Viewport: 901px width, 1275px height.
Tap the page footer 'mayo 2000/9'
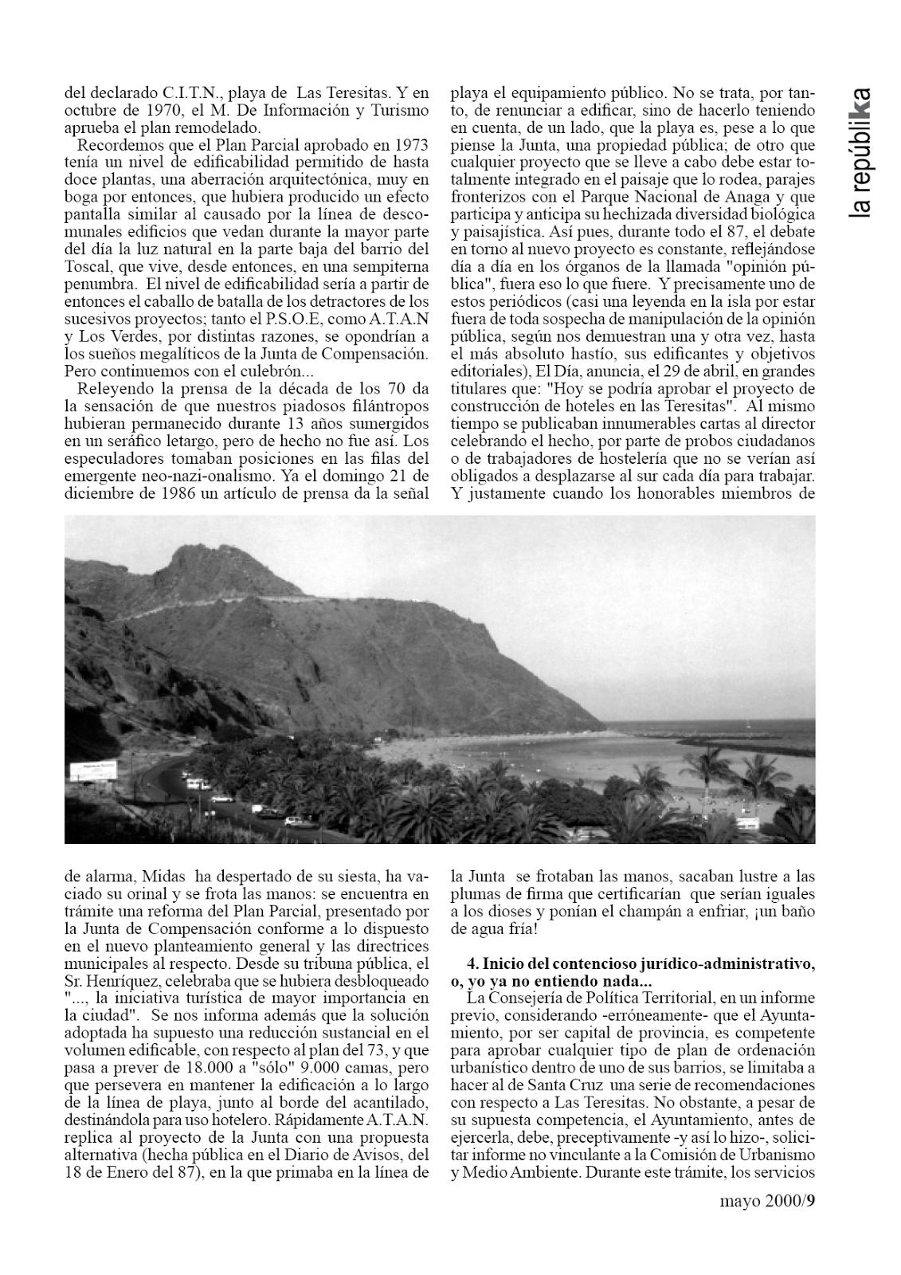click(767, 1223)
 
